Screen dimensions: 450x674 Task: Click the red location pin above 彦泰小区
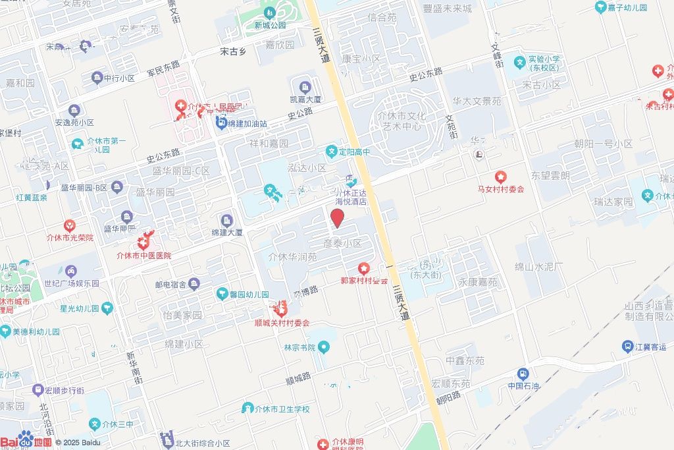click(337, 218)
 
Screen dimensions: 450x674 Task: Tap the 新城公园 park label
click(271, 26)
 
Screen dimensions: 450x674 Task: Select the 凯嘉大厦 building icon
click(305, 87)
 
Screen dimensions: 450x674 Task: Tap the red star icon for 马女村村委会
click(501, 177)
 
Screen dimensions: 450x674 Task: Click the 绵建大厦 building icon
click(227, 220)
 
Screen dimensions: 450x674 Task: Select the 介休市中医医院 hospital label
click(143, 256)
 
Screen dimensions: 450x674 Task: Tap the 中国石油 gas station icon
click(523, 374)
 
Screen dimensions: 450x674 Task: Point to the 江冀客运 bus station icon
click(629, 347)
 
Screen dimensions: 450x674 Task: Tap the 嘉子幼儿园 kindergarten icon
click(601, 8)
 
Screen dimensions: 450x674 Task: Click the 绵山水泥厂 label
click(539, 267)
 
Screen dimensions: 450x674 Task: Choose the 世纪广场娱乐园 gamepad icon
click(71, 271)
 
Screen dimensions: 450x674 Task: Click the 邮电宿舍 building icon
click(194, 284)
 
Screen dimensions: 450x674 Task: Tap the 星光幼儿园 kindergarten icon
click(107, 308)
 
